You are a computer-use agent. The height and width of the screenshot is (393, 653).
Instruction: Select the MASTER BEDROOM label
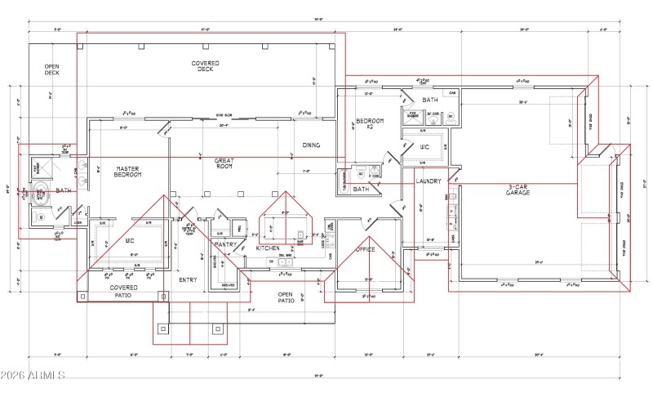pyautogui.click(x=128, y=172)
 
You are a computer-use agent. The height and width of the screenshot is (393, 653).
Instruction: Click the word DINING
pyautogui.click(x=311, y=145)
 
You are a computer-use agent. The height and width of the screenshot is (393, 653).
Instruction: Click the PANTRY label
pyautogui.click(x=224, y=243)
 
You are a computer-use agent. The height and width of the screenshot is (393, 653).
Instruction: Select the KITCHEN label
pyautogui.click(x=268, y=248)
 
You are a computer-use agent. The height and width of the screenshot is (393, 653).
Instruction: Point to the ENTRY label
pyautogui.click(x=188, y=279)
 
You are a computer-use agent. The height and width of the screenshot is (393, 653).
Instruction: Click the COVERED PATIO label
pyautogui.click(x=124, y=291)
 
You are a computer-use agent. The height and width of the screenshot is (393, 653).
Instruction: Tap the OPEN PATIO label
pyautogui.click(x=285, y=297)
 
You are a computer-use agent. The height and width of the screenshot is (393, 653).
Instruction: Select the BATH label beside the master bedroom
pyautogui.click(x=64, y=190)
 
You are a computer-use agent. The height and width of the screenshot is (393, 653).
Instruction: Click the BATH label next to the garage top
pyautogui.click(x=430, y=100)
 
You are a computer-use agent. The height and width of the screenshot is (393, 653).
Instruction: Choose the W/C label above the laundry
pyautogui.click(x=424, y=148)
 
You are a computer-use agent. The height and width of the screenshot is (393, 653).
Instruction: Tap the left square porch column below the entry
pyautogui.click(x=163, y=328)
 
